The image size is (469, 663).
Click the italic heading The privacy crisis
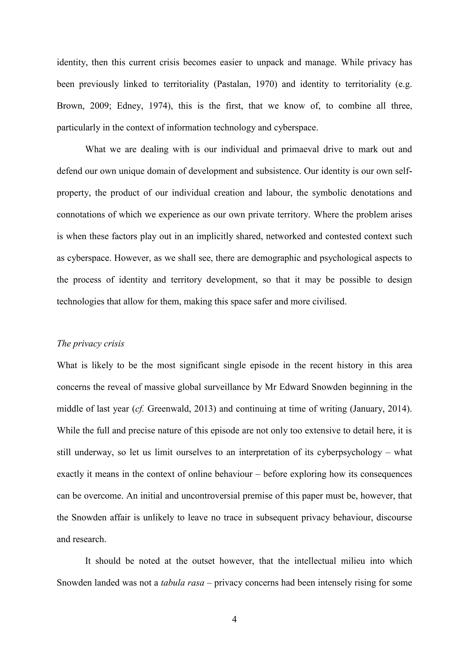[x=90, y=344]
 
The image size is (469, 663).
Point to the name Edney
[x=130, y=106]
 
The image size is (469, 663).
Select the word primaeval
[x=302, y=149]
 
